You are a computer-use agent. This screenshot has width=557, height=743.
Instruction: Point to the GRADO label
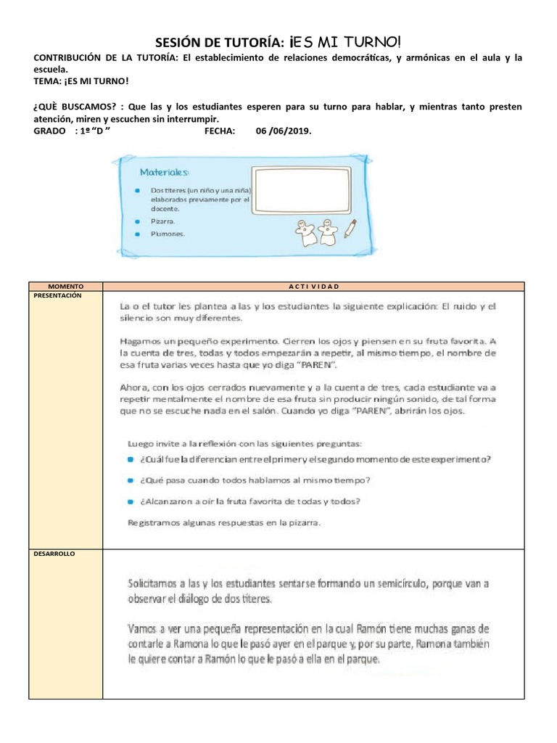[50, 131]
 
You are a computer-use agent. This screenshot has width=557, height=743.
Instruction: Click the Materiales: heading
[165, 173]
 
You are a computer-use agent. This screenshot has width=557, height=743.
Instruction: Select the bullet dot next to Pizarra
[137, 221]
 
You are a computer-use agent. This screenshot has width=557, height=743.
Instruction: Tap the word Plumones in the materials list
[169, 234]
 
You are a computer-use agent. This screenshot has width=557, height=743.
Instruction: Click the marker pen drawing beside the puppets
[350, 228]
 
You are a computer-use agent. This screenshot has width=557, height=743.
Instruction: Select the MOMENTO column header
[65, 287]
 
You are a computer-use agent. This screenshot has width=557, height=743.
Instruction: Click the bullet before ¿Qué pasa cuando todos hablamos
[131, 480]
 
